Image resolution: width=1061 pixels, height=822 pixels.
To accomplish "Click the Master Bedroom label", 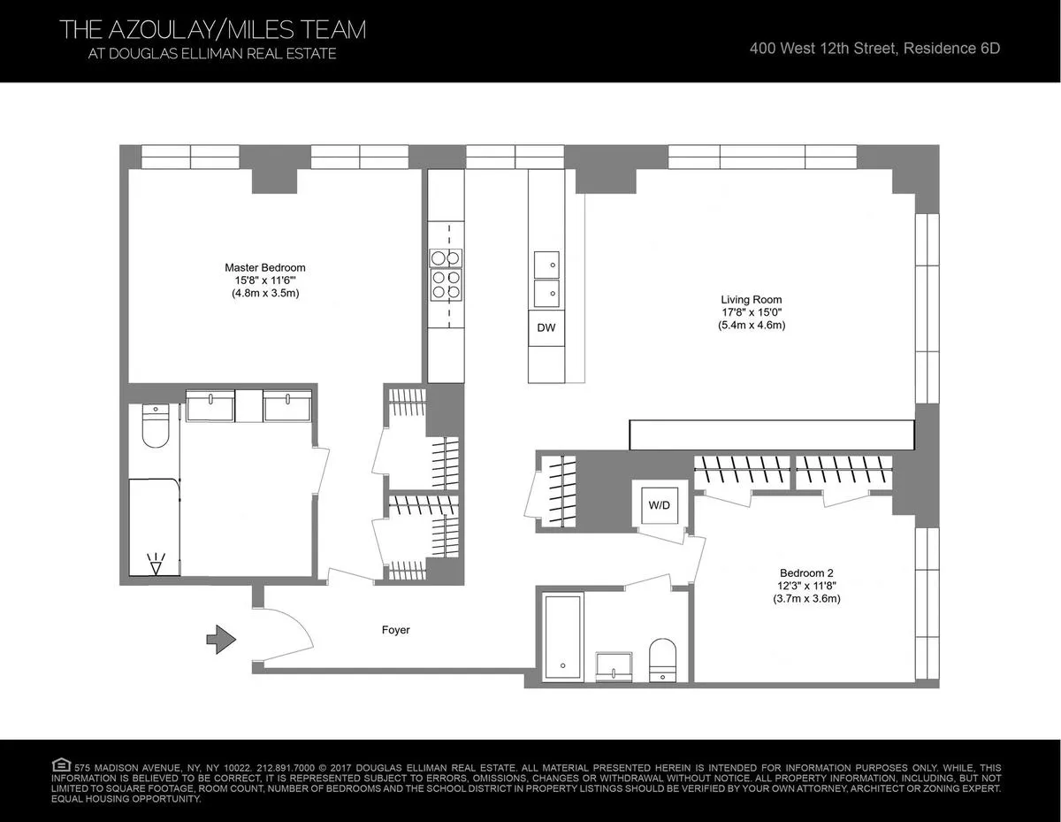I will click(x=264, y=267).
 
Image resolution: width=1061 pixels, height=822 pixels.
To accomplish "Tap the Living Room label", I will click(x=751, y=299).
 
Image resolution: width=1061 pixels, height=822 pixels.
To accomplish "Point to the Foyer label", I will click(x=395, y=631).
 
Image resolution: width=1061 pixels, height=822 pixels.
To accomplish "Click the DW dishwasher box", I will click(x=546, y=328).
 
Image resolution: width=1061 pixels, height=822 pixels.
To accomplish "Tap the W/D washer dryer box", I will click(x=658, y=504).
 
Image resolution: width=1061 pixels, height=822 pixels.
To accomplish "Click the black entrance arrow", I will click(x=219, y=637).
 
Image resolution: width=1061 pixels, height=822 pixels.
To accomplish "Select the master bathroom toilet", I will click(x=156, y=426).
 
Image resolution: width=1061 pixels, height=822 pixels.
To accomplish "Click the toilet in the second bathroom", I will click(x=661, y=660).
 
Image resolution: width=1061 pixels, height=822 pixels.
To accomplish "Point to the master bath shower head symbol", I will click(x=156, y=564).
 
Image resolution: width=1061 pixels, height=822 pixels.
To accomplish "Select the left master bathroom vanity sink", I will click(x=210, y=407).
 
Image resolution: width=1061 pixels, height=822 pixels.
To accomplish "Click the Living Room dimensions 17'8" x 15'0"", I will click(x=751, y=312).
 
